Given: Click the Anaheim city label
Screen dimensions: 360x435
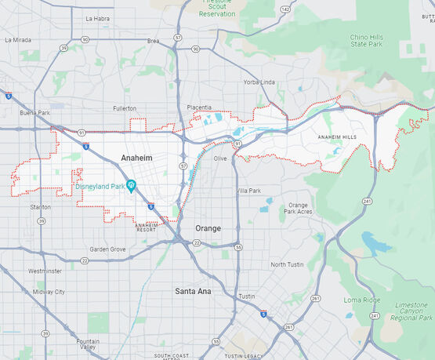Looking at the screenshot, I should tap(136, 158).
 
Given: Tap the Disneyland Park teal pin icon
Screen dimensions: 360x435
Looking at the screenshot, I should tap(132, 185).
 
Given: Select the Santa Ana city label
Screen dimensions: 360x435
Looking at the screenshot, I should tap(193, 291).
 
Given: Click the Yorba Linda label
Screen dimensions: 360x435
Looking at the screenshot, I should tap(259, 82).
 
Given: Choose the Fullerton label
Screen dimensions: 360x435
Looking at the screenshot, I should tap(124, 108).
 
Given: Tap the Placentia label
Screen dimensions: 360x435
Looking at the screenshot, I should tap(199, 107).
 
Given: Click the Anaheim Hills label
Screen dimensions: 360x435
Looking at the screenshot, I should tap(336, 137).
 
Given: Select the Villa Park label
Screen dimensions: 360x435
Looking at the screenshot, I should tap(248, 191).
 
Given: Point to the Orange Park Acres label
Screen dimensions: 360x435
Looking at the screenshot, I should tap(298, 209).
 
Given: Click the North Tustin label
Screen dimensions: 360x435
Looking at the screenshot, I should tap(288, 264).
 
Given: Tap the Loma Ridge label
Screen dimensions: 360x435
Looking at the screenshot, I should tap(361, 300).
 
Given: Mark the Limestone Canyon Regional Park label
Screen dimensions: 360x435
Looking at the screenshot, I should tap(412, 311).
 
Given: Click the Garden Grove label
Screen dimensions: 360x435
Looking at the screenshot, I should tap(107, 249).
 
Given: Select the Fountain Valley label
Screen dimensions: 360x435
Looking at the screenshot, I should tap(88, 344).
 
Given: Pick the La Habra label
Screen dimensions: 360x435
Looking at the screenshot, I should tap(99, 18).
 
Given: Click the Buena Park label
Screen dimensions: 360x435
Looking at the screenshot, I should tap(34, 113).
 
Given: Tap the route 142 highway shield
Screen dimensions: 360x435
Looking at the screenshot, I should tap(285, 9).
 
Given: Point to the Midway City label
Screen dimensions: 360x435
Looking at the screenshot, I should tap(49, 292).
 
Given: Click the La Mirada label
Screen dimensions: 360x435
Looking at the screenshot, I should tap(18, 38).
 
